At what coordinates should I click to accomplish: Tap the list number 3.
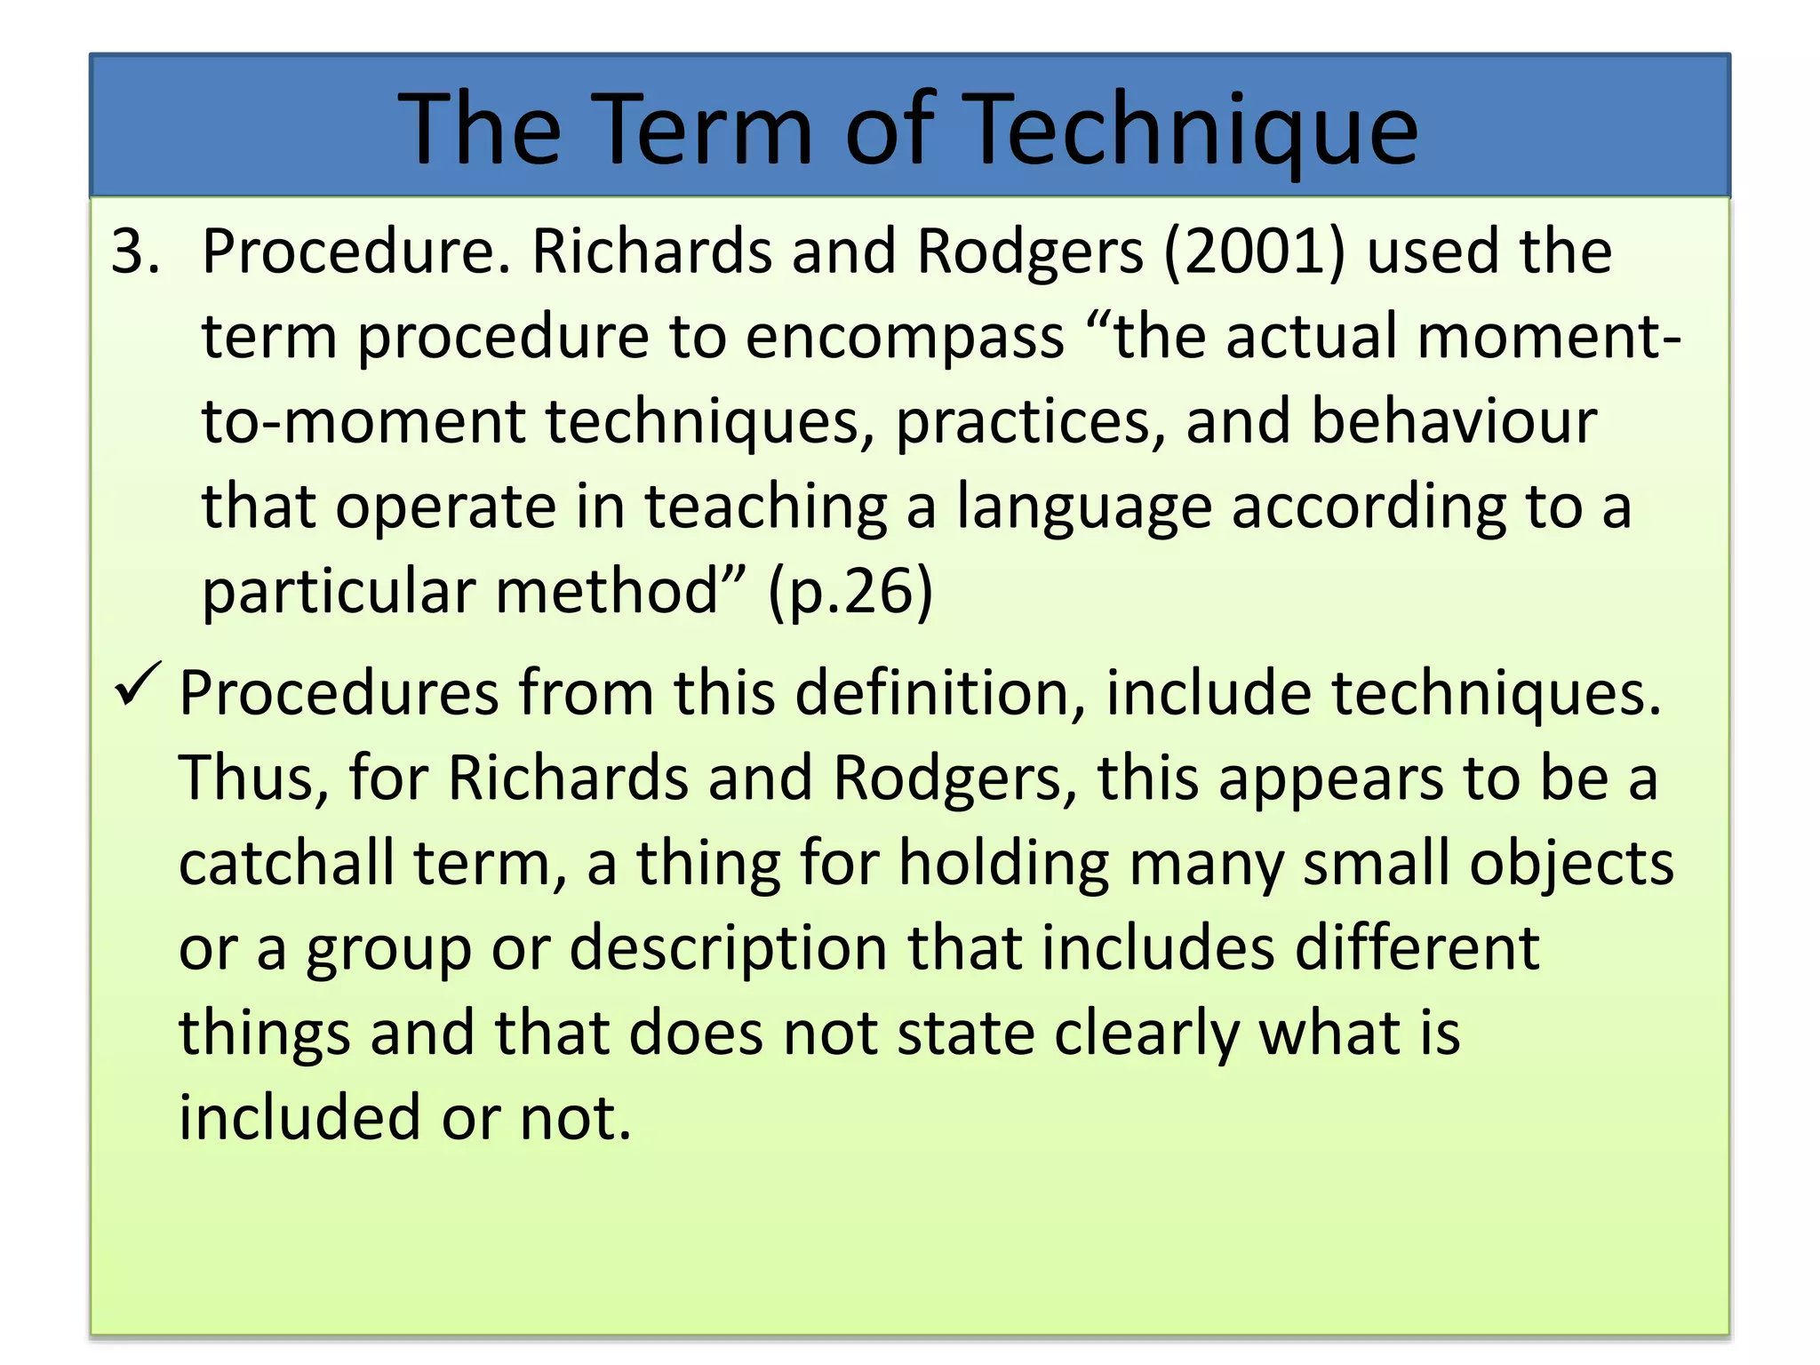135,251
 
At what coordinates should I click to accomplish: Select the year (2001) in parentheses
1254,251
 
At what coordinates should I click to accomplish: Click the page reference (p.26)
850,591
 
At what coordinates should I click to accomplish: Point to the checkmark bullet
137,685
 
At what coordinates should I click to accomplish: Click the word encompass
905,338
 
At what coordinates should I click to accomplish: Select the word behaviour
1454,421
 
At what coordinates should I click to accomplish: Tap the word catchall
286,863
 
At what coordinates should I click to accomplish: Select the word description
728,948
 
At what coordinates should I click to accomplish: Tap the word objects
1571,863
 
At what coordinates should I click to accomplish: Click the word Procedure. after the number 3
356,251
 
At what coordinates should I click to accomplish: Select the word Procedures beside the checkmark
339,693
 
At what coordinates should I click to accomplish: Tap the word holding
1004,863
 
